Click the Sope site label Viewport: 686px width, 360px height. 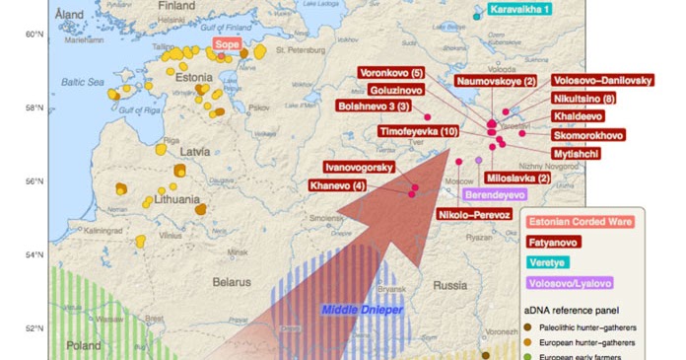click(x=227, y=44)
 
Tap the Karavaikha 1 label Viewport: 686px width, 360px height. click(x=519, y=10)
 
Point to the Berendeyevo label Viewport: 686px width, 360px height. click(x=496, y=194)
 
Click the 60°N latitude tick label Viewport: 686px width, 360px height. click(x=34, y=35)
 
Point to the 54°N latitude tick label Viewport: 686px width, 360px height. click(x=34, y=255)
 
